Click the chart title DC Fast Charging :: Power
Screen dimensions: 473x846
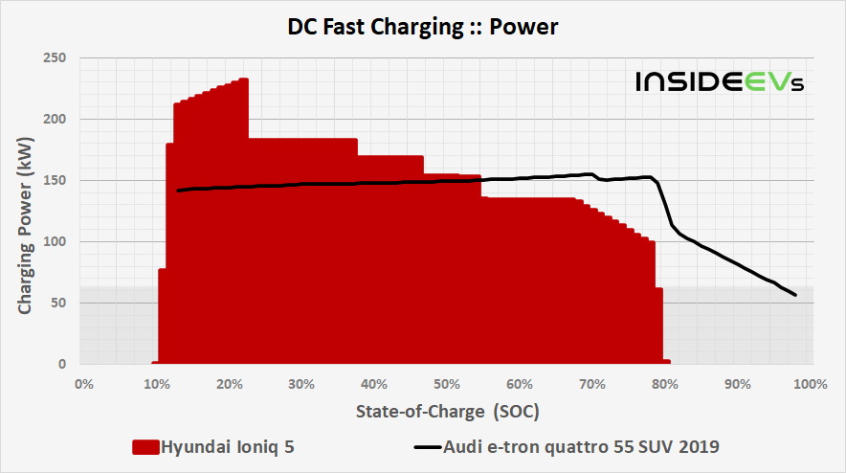click(x=422, y=28)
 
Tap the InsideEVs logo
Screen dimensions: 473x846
click(x=720, y=82)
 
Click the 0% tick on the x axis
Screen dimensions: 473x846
click(x=83, y=385)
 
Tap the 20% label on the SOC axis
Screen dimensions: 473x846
click(x=229, y=385)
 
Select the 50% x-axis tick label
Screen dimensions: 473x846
click(x=447, y=385)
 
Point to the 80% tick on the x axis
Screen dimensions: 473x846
click(x=665, y=385)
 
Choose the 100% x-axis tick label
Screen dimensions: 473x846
click(x=809, y=385)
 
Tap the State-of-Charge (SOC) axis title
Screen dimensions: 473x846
click(x=448, y=412)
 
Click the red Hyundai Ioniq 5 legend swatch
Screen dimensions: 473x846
click(x=145, y=447)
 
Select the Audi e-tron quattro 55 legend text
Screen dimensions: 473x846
click(x=582, y=446)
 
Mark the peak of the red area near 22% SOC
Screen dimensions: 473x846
click(x=244, y=79)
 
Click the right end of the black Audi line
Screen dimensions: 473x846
click(x=795, y=295)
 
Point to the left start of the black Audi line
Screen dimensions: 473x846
click(x=177, y=191)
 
